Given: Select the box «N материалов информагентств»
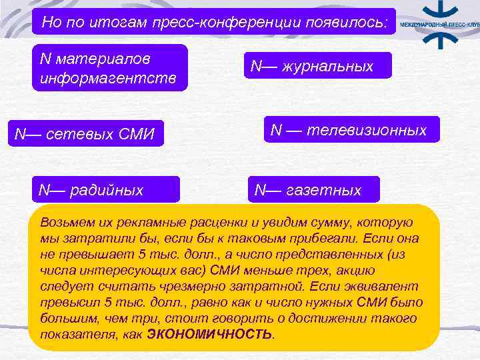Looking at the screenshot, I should (x=110, y=68).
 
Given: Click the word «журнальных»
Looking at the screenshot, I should (x=330, y=66).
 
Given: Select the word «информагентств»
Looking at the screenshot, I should (x=109, y=79).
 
